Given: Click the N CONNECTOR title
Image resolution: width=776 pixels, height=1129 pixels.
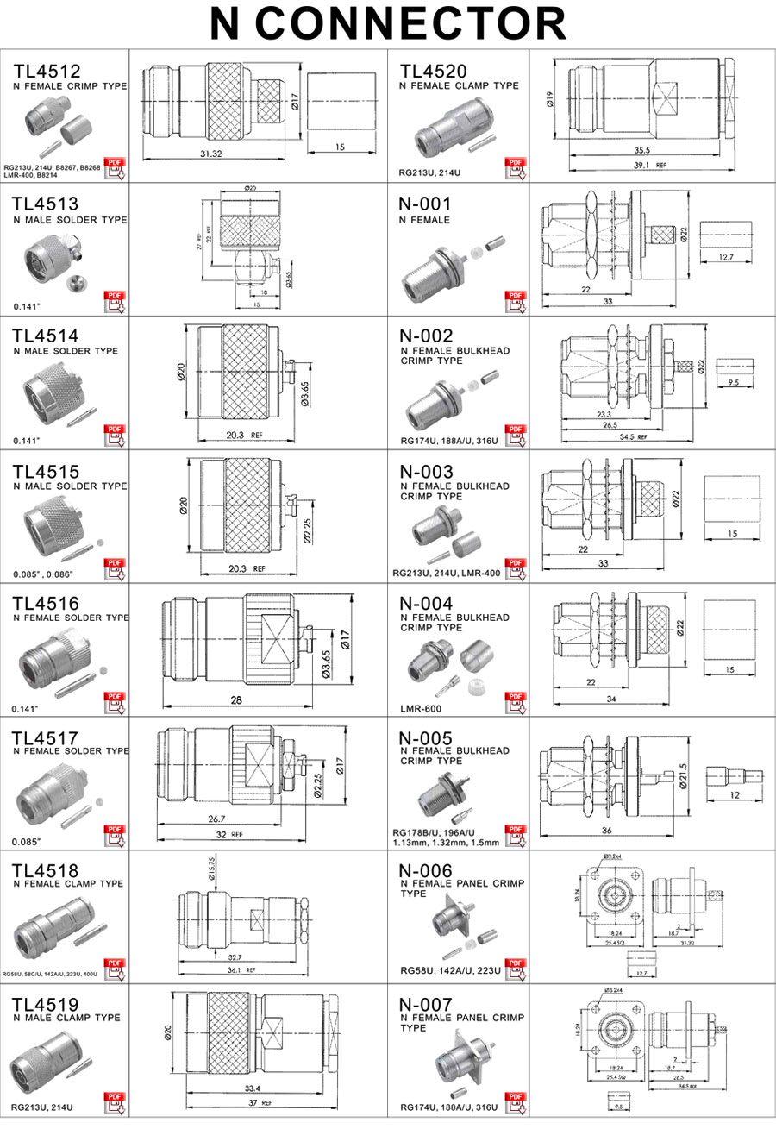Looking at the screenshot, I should pos(388,23).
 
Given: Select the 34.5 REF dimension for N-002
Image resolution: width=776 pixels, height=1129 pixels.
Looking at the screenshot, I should pos(633,437).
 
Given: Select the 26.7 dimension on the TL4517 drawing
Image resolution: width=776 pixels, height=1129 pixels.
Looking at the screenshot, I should pos(216,819).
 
